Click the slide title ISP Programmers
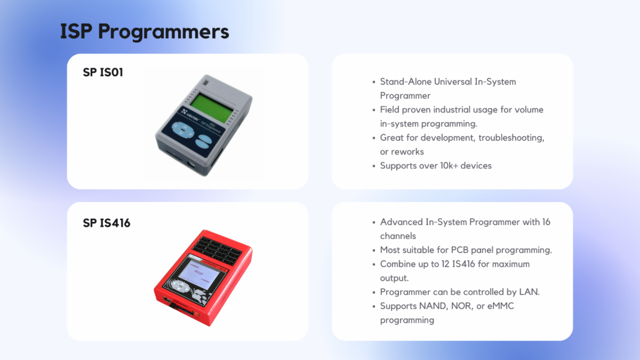[x=145, y=31]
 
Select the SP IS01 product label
[x=103, y=73]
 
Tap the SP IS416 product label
[x=107, y=223]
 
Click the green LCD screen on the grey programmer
[x=212, y=108]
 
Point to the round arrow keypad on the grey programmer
[x=183, y=130]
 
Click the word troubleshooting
[x=511, y=138]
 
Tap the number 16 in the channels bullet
[x=546, y=222]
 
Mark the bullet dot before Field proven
[x=374, y=110]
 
